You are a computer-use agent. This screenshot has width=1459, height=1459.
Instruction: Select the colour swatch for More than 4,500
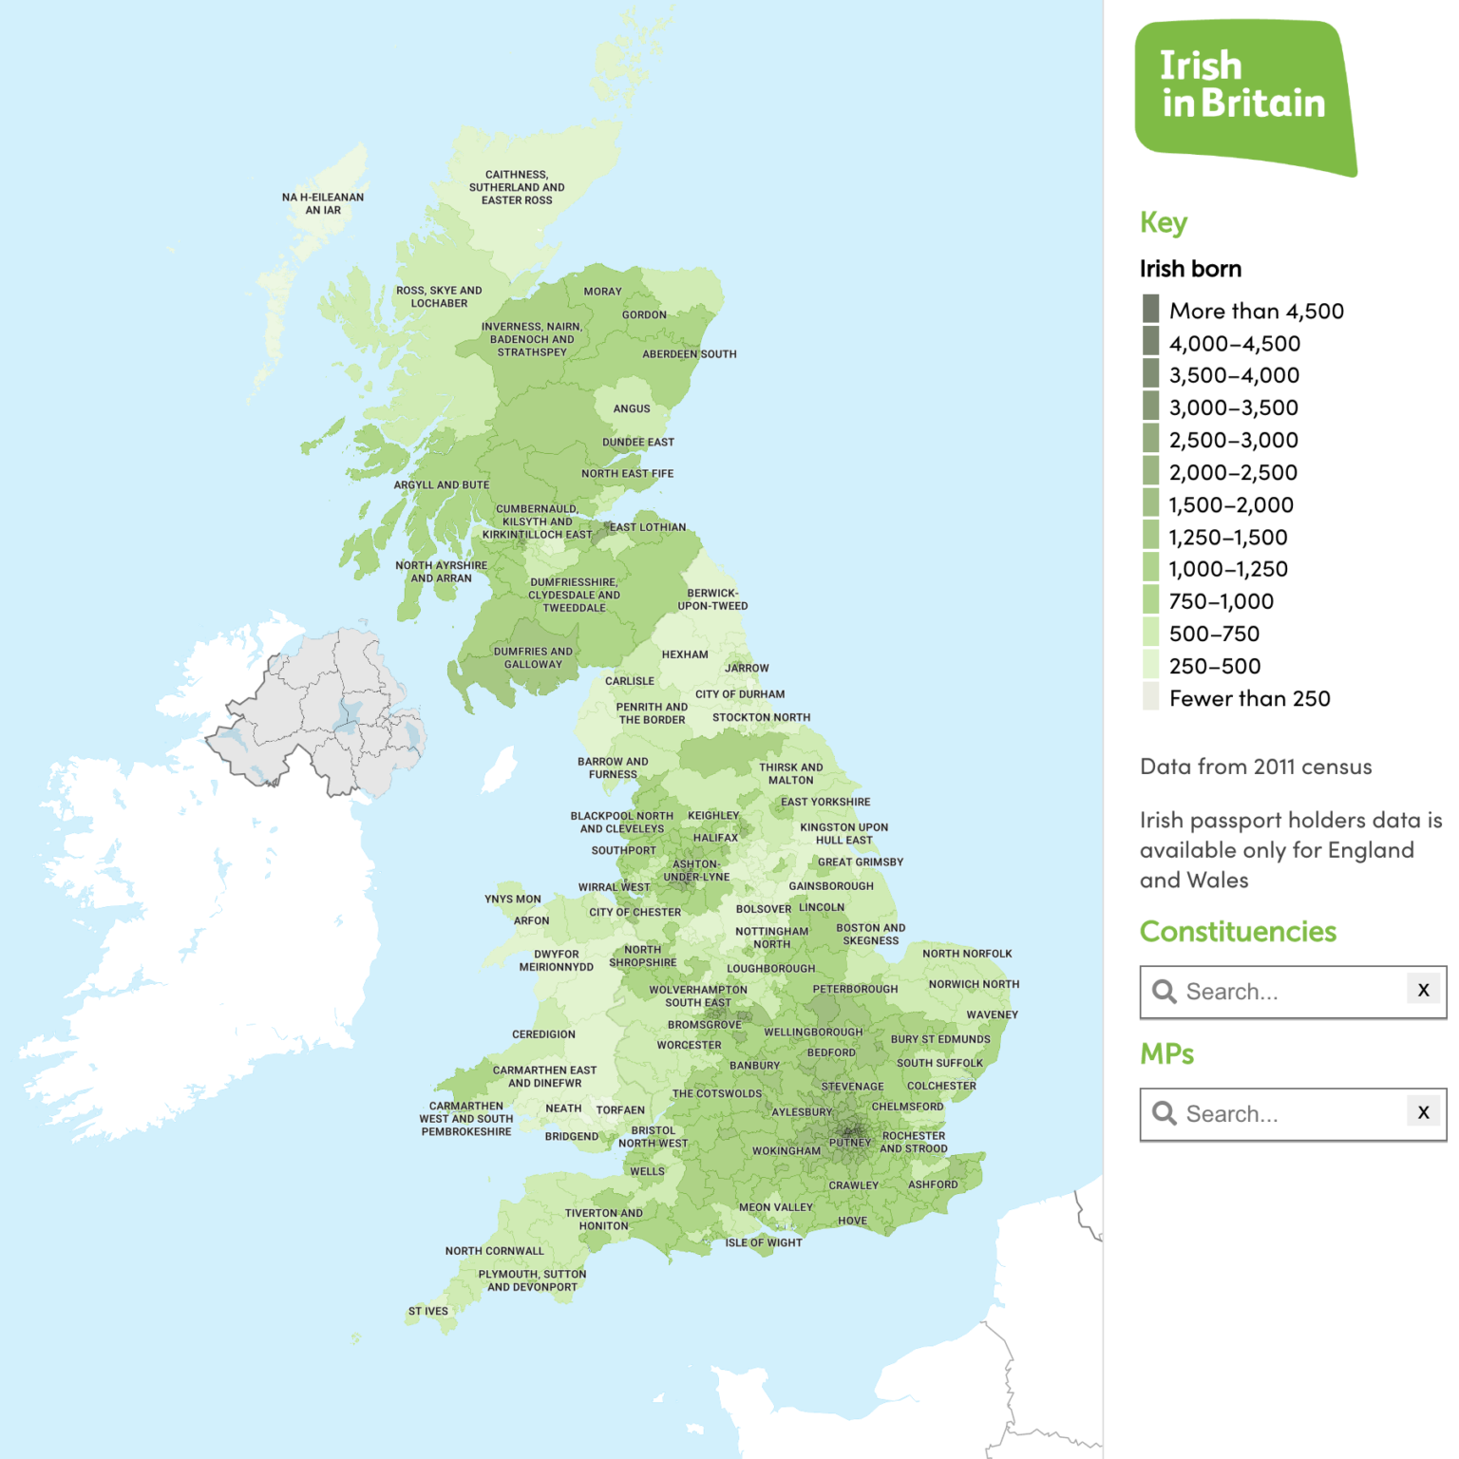pos(1150,309)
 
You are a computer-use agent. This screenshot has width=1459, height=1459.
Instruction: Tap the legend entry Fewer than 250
pos(1249,698)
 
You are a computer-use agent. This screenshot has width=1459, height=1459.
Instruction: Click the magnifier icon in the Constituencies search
pos(1164,992)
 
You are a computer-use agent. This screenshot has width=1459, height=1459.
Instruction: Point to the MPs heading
pos(1166,1053)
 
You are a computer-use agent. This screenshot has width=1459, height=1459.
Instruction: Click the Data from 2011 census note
pos(1256,767)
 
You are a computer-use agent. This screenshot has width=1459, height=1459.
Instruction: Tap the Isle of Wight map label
pos(764,1242)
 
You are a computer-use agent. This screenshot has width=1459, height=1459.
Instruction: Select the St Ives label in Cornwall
pos(427,1311)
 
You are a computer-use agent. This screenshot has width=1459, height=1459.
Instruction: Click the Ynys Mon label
pos(513,899)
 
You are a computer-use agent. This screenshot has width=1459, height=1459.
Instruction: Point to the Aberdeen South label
pos(690,354)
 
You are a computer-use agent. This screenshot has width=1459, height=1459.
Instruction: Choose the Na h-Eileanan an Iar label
pos(323,203)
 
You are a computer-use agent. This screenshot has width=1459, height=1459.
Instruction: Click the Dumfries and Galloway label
pos(533,657)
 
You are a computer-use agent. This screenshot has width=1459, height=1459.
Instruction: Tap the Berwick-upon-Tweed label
pos(712,599)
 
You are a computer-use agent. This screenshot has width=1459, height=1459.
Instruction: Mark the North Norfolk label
pos(967,954)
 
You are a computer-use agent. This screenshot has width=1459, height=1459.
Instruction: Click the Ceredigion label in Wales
pos(543,1034)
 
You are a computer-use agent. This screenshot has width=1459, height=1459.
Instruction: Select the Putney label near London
pos(849,1143)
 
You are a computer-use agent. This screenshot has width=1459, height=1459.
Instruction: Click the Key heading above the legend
pos(1164,222)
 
